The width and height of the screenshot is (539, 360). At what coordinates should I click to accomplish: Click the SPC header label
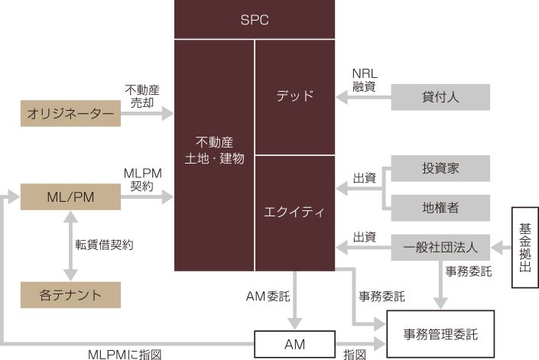(x=255, y=19)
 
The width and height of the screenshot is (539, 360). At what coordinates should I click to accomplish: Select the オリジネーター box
(x=70, y=114)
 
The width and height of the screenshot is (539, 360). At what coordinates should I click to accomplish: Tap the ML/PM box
(x=70, y=197)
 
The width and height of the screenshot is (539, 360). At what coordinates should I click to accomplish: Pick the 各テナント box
(x=70, y=294)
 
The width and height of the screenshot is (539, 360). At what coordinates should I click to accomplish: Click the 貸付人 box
(x=440, y=97)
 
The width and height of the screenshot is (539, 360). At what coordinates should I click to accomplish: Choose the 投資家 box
(x=440, y=168)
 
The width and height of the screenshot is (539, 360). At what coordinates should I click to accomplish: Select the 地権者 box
(x=440, y=206)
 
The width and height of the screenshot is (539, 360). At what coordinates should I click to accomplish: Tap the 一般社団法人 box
(x=440, y=247)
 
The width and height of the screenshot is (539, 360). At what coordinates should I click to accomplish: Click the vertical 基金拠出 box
(x=525, y=248)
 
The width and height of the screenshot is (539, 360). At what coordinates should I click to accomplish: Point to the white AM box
(x=294, y=345)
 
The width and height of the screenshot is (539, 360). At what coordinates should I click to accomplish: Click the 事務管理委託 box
(x=440, y=333)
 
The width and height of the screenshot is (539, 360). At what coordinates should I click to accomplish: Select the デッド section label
(x=294, y=96)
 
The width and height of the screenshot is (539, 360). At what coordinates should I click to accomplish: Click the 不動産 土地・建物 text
(x=214, y=151)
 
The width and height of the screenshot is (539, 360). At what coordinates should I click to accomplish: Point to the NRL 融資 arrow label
(x=364, y=80)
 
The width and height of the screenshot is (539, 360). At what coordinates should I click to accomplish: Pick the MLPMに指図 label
(x=125, y=355)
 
